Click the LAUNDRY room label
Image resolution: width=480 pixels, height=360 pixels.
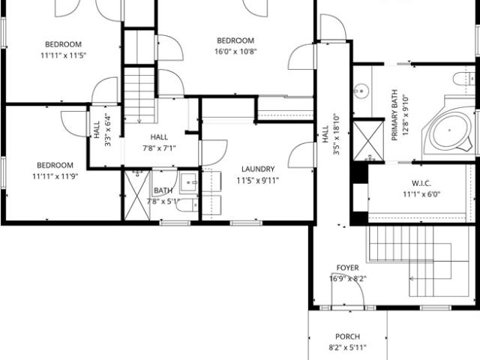[258, 169]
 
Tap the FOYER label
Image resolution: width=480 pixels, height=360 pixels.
[347, 268]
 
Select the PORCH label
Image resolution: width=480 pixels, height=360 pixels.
[347, 337]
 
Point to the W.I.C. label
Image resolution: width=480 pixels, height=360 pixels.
[421, 183]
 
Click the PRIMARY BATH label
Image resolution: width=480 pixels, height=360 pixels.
[394, 115]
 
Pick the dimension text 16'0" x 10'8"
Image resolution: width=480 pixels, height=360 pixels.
[235, 52]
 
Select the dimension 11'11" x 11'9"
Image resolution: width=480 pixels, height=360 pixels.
[55, 176]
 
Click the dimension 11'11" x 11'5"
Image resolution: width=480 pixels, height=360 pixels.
[63, 55]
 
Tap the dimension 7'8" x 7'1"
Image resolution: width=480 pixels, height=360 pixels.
[159, 148]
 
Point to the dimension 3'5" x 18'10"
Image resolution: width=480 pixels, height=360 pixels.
[336, 134]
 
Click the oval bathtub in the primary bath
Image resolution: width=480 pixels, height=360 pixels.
[449, 130]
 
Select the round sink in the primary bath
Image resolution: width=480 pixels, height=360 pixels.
[361, 91]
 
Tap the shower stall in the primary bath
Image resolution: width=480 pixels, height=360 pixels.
[368, 141]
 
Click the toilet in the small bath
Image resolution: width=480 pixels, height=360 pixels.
[187, 205]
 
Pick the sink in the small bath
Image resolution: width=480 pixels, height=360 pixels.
[189, 183]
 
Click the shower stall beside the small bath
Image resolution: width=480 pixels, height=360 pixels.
[137, 195]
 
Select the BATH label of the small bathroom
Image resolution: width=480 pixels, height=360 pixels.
[163, 190]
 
